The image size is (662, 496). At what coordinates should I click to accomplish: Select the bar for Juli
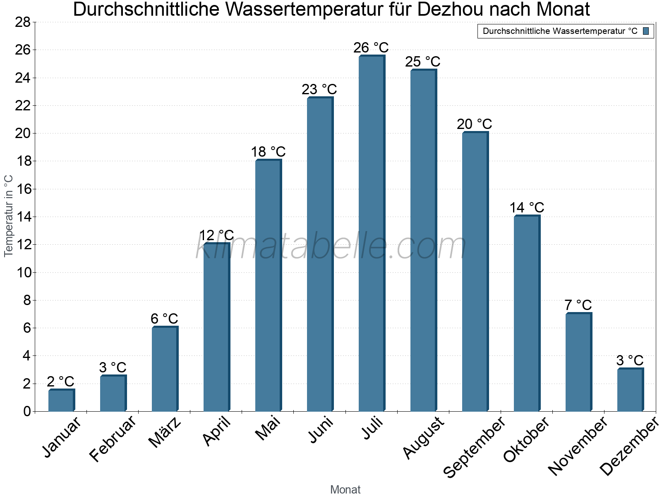(x=371, y=234)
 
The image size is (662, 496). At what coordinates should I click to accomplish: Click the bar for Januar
(x=61, y=401)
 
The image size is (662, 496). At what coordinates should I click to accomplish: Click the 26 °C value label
(x=371, y=48)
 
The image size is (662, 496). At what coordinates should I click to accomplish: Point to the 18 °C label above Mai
(x=268, y=152)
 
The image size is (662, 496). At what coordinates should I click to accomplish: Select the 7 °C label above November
(x=578, y=305)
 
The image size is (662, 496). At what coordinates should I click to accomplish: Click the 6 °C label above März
(x=164, y=319)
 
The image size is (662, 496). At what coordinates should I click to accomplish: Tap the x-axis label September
(x=474, y=447)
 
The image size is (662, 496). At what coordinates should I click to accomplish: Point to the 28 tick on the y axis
(x=23, y=22)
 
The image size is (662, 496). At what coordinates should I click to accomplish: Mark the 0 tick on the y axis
(x=27, y=411)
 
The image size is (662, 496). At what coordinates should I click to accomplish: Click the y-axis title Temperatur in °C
(x=9, y=216)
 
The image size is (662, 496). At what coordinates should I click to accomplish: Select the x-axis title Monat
(x=345, y=489)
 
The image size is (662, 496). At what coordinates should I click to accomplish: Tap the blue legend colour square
(x=646, y=31)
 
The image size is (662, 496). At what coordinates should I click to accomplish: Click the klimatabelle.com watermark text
(x=331, y=247)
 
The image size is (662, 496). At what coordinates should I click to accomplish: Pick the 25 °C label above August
(x=422, y=62)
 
